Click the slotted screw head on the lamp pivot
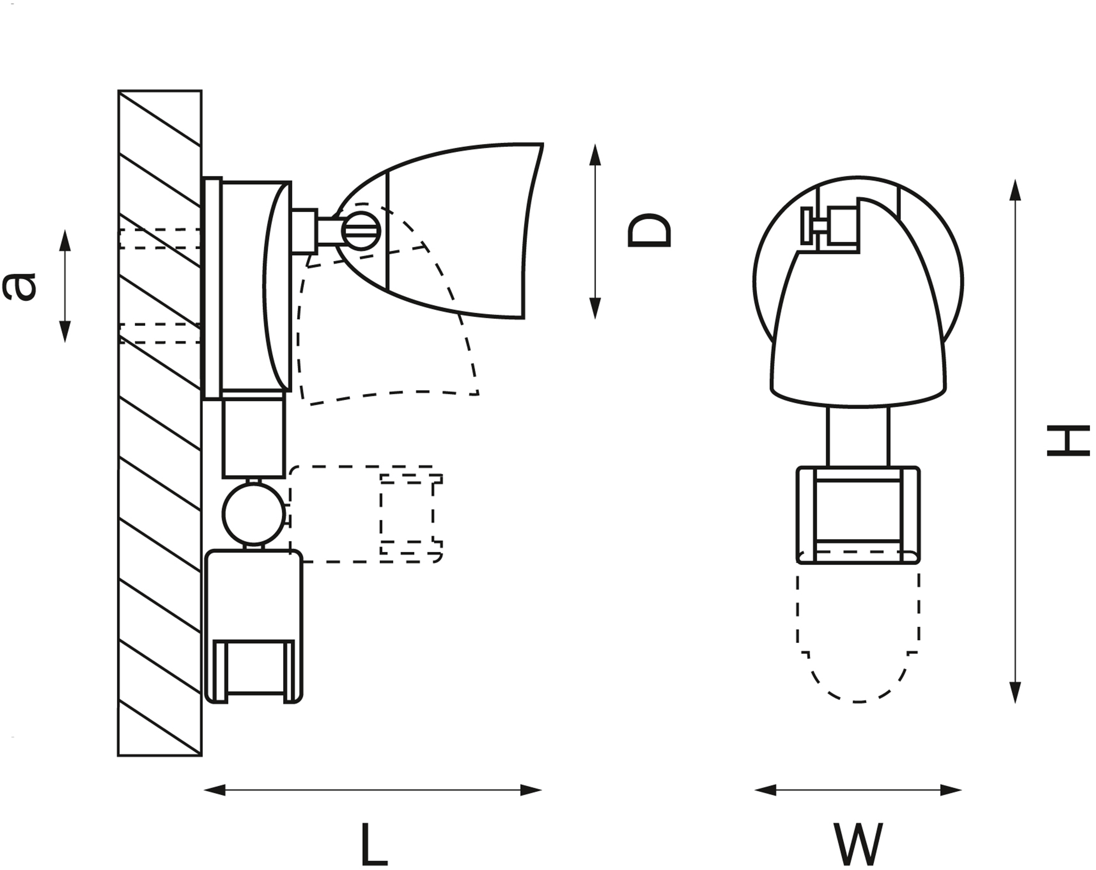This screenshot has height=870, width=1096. pos(361,232)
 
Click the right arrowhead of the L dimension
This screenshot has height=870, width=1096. pos(531,790)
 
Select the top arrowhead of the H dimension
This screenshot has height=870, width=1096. pos(1015,190)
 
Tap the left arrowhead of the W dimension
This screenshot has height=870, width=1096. pos(766,790)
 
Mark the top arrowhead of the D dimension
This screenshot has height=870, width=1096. pos(595,155)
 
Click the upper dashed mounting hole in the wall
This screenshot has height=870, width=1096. pos(159,238)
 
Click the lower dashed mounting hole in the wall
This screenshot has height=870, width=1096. pos(159,333)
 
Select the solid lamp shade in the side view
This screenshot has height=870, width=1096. pos(458,232)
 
